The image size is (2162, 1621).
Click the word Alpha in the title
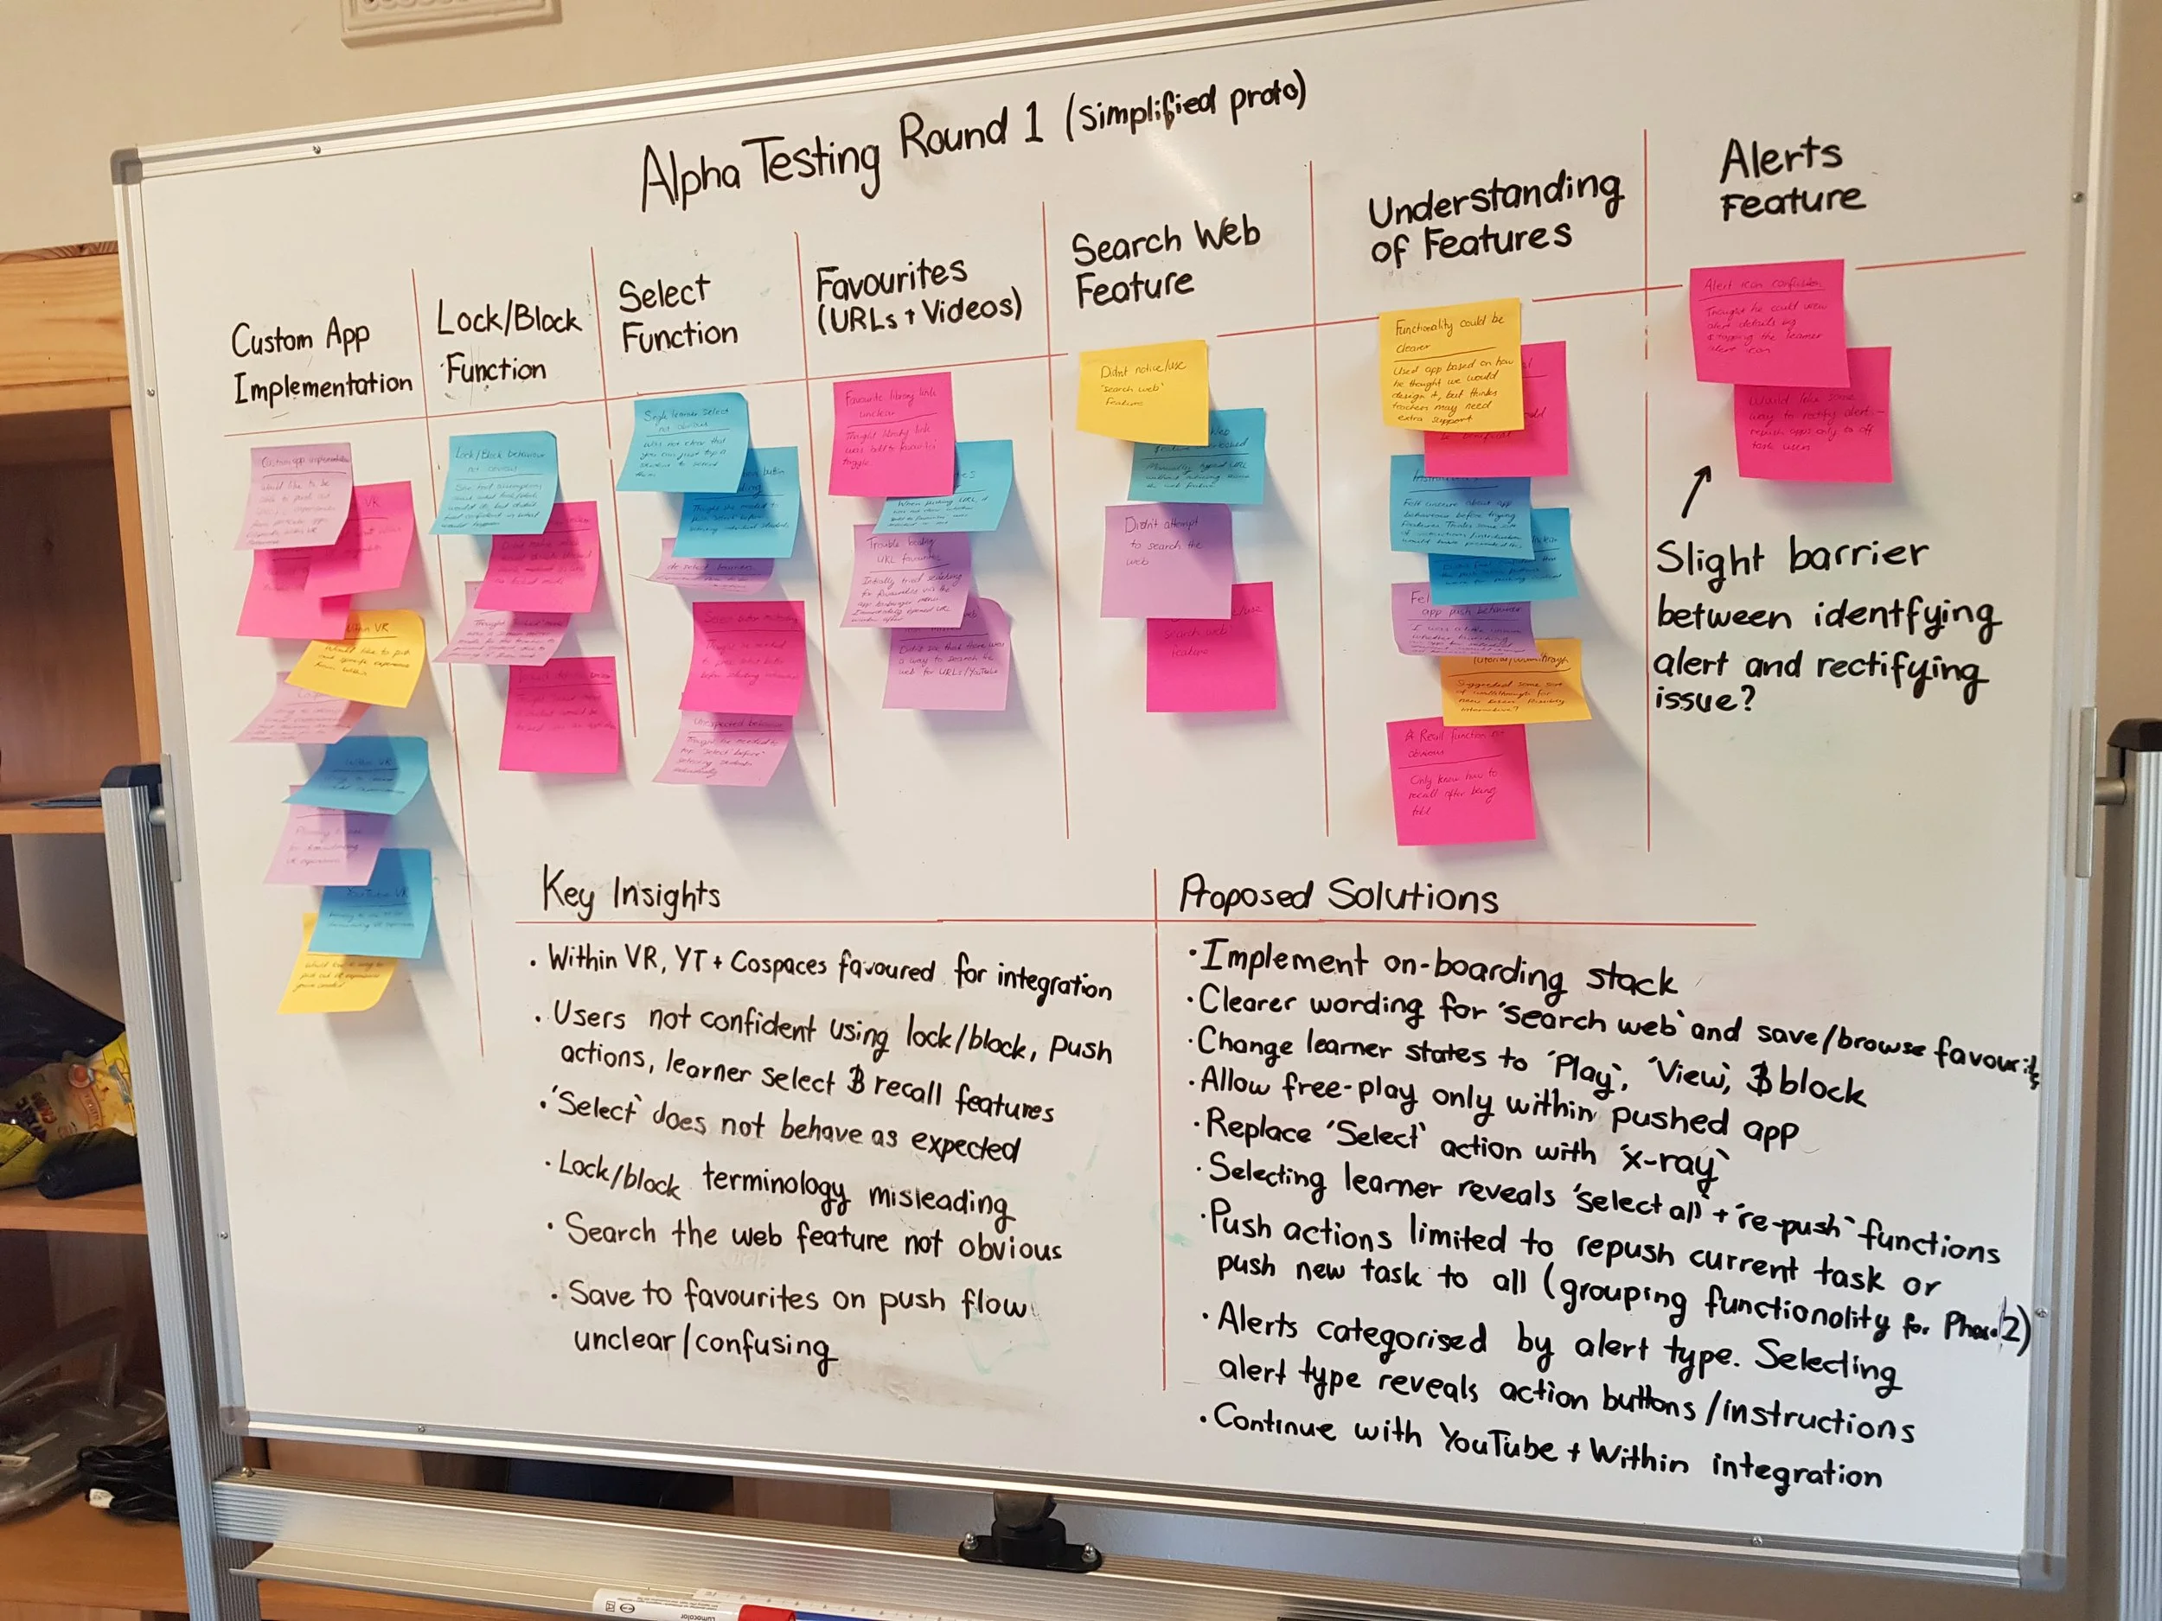tap(690, 176)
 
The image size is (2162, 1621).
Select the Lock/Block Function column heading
tap(506, 343)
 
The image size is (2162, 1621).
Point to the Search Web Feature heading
tap(1163, 262)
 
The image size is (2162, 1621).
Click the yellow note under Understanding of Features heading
tap(1450, 363)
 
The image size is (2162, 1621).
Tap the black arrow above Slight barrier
tap(1696, 490)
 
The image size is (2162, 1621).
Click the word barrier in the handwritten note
tap(1857, 555)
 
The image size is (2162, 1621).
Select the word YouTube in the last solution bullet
tap(1497, 1443)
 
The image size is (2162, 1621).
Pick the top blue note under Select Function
tap(684, 442)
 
